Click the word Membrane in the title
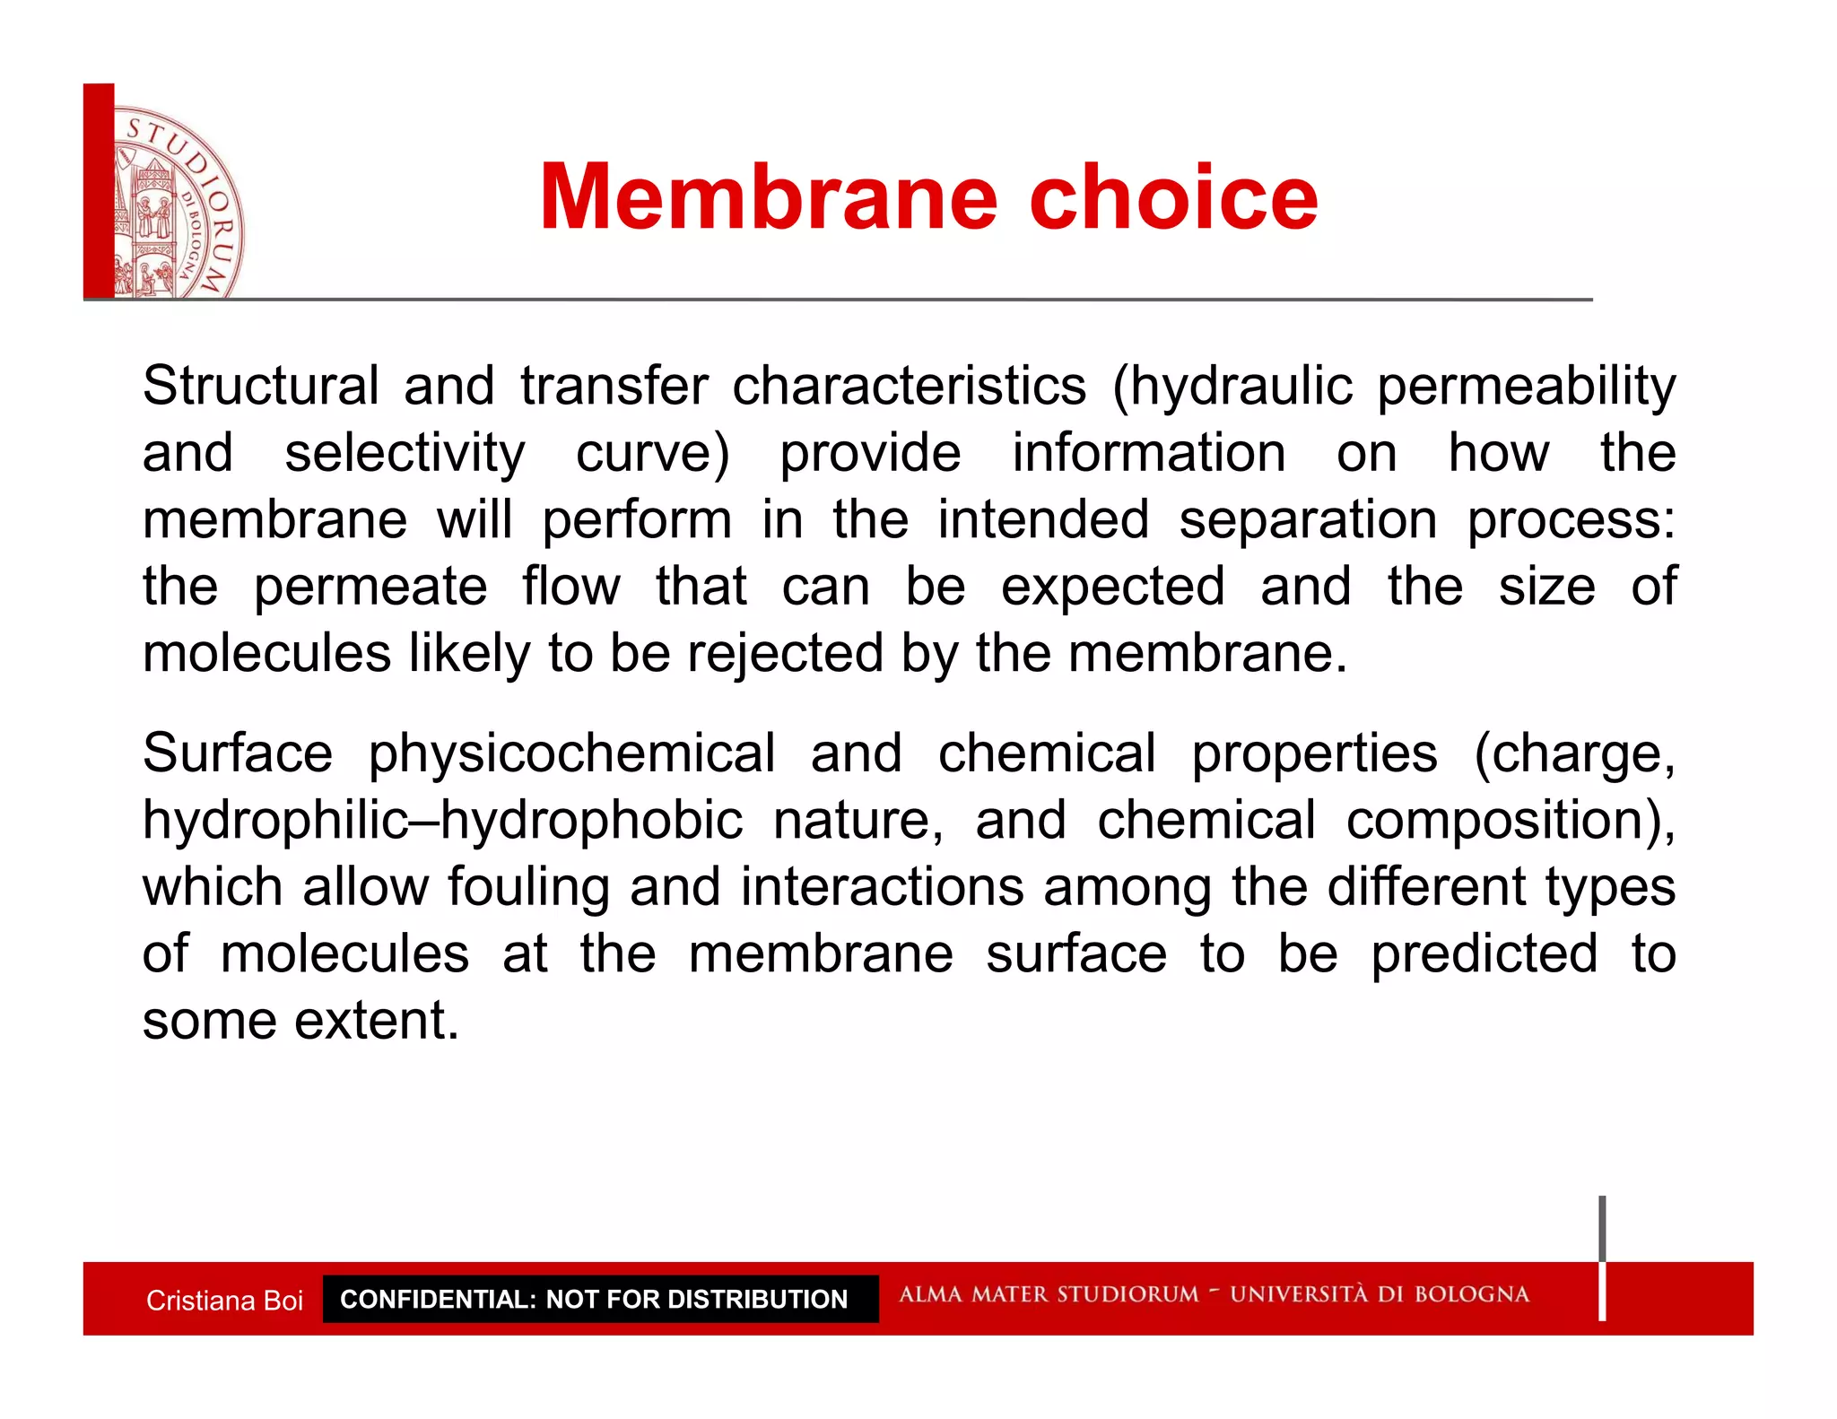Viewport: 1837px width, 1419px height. coord(768,197)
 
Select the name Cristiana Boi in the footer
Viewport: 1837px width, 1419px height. coord(224,1300)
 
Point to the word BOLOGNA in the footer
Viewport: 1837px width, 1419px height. coord(1471,1294)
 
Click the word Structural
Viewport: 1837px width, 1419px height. coord(260,387)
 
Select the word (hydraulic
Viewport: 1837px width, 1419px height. coord(1232,387)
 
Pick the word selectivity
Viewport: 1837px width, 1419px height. coord(405,453)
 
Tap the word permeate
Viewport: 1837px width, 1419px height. coord(370,587)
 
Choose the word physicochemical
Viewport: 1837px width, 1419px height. coord(571,753)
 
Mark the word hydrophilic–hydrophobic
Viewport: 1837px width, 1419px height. coord(442,821)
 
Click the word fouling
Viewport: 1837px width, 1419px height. coord(528,887)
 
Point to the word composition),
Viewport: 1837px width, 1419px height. coord(1511,821)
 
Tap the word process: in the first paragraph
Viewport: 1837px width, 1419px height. coord(1571,520)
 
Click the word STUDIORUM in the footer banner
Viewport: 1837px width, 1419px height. coord(1127,1294)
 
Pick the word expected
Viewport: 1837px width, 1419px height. coord(1112,587)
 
